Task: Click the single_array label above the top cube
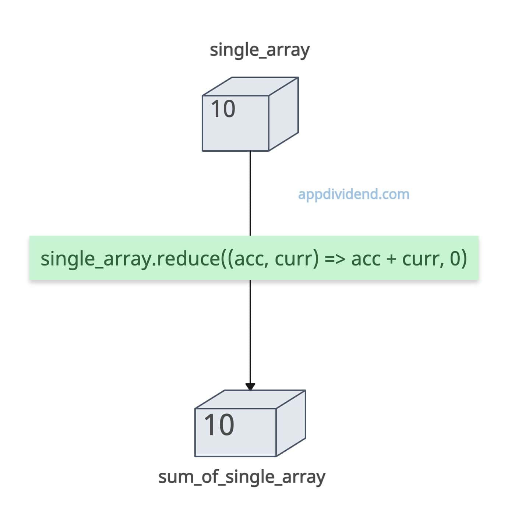pyautogui.click(x=259, y=50)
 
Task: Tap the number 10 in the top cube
pyautogui.click(x=223, y=109)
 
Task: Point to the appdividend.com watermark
pyautogui.click(x=353, y=194)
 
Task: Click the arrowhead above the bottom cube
pyautogui.click(x=250, y=386)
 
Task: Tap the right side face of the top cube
pyautogui.click(x=283, y=114)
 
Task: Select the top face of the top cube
pyautogui.click(x=250, y=86)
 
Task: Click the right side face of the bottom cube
pyautogui.click(x=290, y=423)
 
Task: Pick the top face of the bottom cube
pyautogui.click(x=250, y=399)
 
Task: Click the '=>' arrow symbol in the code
pyautogui.click(x=335, y=259)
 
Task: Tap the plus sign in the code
pyautogui.click(x=391, y=259)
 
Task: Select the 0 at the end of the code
pyautogui.click(x=455, y=258)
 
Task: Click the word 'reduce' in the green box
pyautogui.click(x=188, y=258)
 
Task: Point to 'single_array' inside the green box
pyautogui.click(x=96, y=259)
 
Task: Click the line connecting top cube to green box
pyautogui.click(x=250, y=193)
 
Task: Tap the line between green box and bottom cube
pyautogui.click(x=250, y=332)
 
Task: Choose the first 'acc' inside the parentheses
pyautogui.click(x=250, y=259)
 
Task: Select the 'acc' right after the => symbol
pyautogui.click(x=366, y=259)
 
